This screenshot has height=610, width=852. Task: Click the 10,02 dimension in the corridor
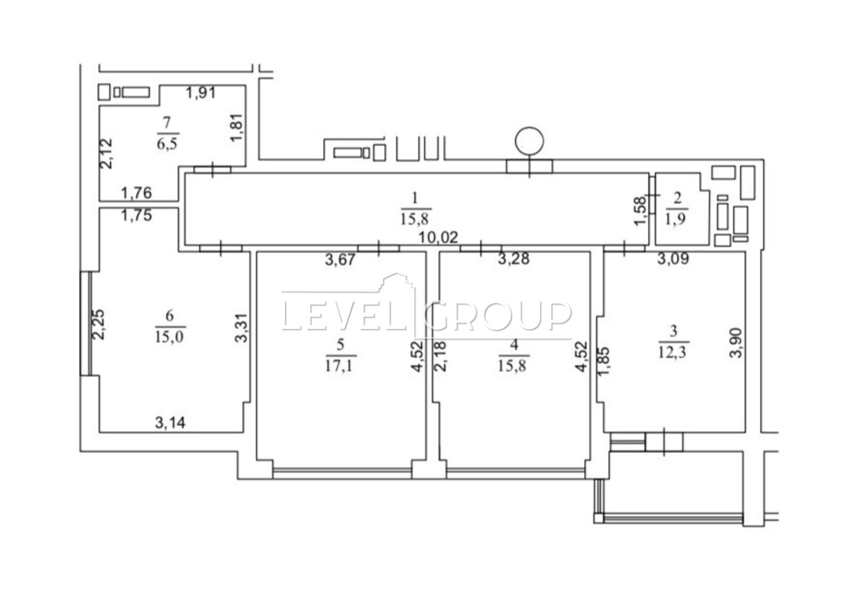click(x=438, y=238)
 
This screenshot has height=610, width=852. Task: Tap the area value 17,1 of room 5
click(x=340, y=366)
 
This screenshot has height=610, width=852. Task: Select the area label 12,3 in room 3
click(x=673, y=352)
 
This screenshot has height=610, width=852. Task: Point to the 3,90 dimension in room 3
click(x=736, y=343)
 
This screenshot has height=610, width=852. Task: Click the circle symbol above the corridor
click(x=529, y=141)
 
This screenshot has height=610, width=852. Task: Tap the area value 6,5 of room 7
click(x=168, y=144)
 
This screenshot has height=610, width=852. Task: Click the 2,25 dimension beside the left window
click(x=99, y=324)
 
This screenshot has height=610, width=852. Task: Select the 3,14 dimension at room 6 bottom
click(x=170, y=423)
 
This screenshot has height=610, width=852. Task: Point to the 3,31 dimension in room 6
click(x=241, y=327)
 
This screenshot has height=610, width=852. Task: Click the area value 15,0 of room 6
click(x=170, y=336)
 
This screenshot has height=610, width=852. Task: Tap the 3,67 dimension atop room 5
click(x=340, y=259)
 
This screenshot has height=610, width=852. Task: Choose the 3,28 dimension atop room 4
click(x=514, y=259)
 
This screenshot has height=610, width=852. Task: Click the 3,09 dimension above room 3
click(x=673, y=259)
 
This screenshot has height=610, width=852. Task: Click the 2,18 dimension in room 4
click(x=440, y=356)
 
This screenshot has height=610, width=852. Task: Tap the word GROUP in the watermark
click(x=498, y=316)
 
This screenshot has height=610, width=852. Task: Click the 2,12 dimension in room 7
click(x=106, y=153)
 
